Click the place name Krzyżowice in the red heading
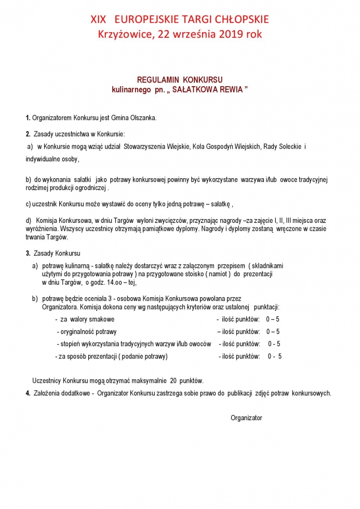coord(125,35)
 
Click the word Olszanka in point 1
coord(144,118)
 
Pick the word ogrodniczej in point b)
coord(89,187)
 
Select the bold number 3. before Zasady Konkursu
coord(28,253)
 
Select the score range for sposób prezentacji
coord(274,356)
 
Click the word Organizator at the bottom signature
coord(246,418)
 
